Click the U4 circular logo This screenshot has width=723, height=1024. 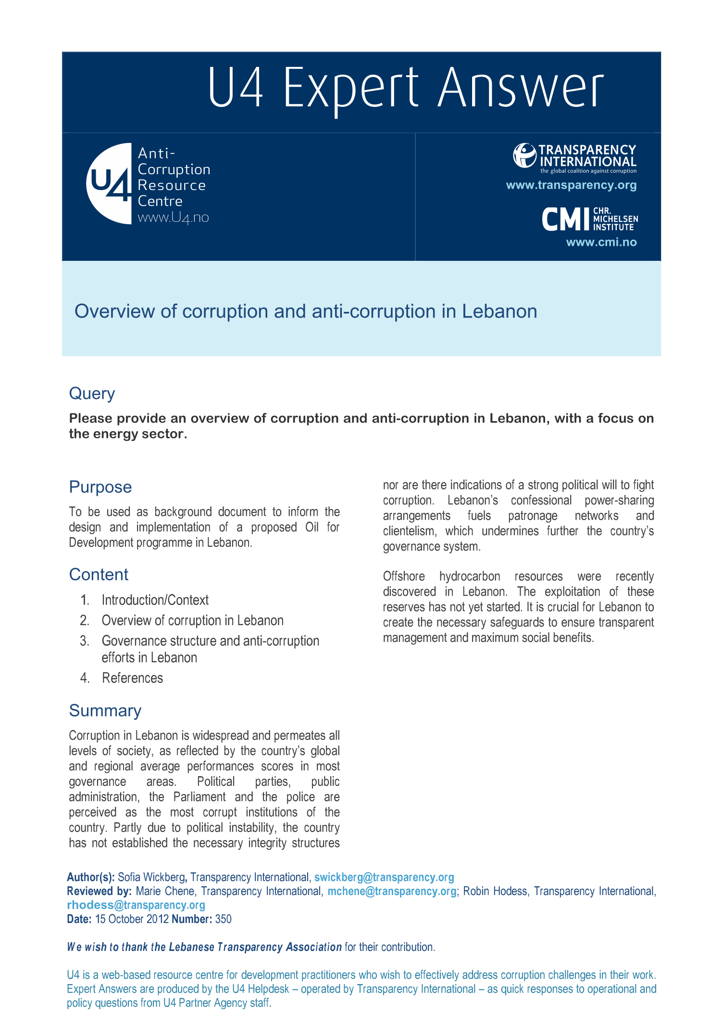click(x=109, y=183)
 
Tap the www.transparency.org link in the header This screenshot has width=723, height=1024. click(x=571, y=185)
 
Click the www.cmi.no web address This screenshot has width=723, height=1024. click(x=601, y=242)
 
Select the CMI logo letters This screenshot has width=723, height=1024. click(x=566, y=219)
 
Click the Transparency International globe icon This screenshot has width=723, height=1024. click(x=524, y=155)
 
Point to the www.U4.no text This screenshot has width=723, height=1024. click(x=173, y=218)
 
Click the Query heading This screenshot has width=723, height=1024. click(x=92, y=394)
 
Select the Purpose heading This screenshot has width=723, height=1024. click(x=100, y=487)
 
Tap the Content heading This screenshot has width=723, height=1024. click(x=99, y=575)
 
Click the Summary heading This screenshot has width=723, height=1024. click(x=105, y=711)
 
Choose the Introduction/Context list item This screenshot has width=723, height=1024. click(x=155, y=600)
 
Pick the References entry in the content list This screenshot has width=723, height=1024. click(x=132, y=678)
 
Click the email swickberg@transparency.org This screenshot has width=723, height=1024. click(x=384, y=877)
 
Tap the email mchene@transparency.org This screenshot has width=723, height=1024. click(x=391, y=891)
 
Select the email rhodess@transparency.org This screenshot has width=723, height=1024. click(x=136, y=905)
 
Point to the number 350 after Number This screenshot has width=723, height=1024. click(x=223, y=919)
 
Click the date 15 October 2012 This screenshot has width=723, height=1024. click(x=132, y=919)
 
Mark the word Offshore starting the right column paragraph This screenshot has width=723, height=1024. click(x=404, y=576)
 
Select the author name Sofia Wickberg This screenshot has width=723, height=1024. click(x=151, y=877)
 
